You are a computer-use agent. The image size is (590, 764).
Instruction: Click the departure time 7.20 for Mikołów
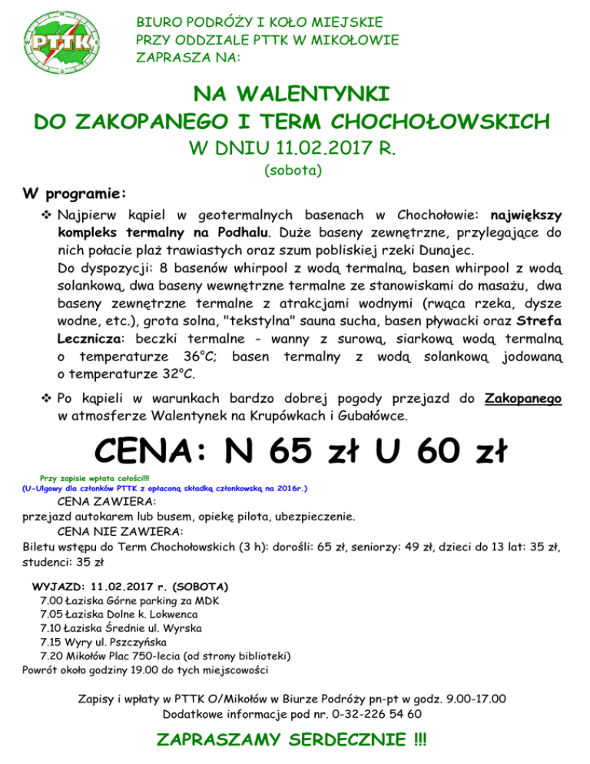[51, 656]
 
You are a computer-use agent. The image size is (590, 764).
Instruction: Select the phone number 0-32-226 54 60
[369, 714]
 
